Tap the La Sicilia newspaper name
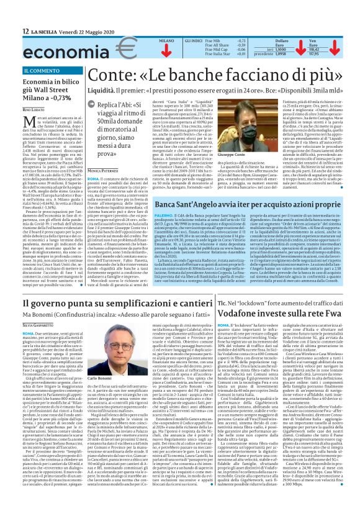point(47,31)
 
